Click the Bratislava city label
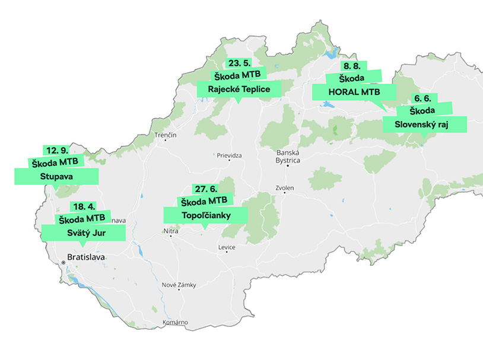[86, 257]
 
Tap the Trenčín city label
[166, 136]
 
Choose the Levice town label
[227, 247]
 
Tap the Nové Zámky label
[179, 285]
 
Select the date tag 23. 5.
[239, 63]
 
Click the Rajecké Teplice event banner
[239, 90]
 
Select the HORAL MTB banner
[354, 92]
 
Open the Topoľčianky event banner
[205, 215]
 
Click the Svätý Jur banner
[83, 232]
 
